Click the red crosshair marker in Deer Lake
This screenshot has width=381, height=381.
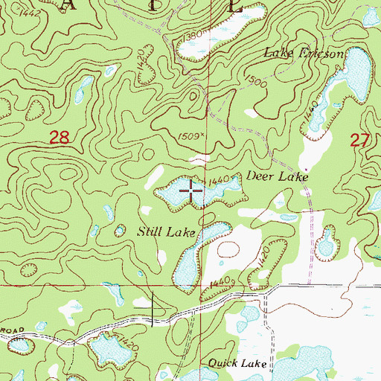point(192,192)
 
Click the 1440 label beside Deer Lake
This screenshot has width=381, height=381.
point(221,180)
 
